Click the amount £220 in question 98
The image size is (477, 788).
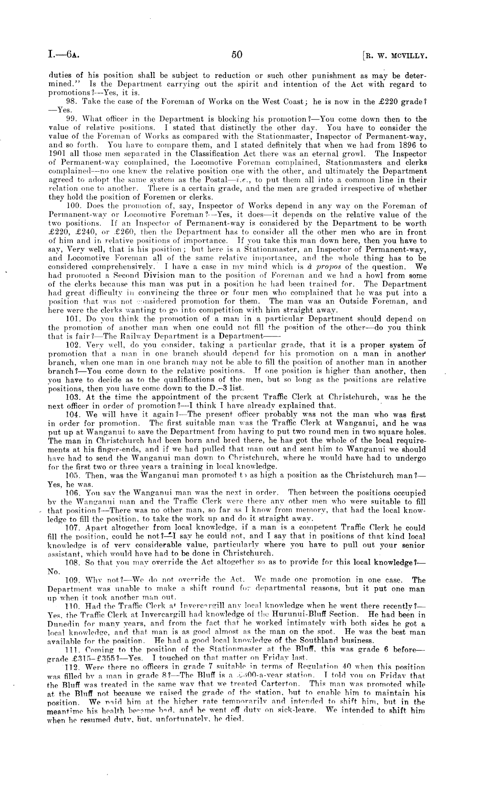(x=397, y=101)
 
